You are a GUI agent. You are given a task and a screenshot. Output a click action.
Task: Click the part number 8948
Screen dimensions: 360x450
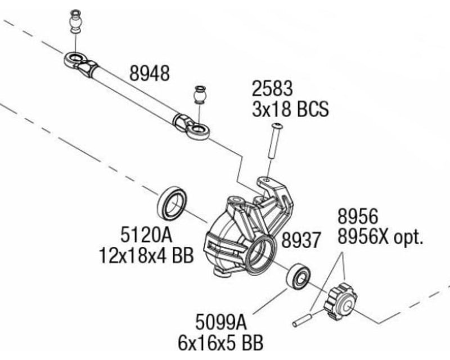(x=150, y=74)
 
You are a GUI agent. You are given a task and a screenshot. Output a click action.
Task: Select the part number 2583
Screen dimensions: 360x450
(x=272, y=89)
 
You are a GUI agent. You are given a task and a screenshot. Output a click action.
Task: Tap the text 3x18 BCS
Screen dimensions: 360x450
(x=290, y=108)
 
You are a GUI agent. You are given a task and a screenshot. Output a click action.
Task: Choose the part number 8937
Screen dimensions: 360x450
(x=300, y=241)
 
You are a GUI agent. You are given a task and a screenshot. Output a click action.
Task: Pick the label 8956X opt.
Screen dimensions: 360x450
(x=380, y=237)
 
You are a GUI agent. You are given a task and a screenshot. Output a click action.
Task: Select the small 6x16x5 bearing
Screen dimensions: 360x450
(x=298, y=276)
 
